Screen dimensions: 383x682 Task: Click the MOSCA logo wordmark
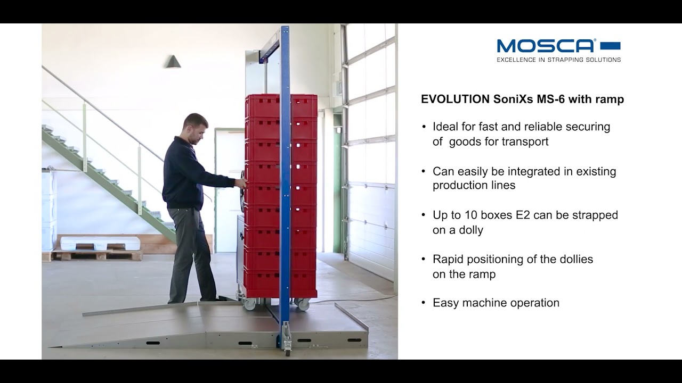(x=546, y=46)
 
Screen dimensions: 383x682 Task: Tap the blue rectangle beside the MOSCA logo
(x=610, y=46)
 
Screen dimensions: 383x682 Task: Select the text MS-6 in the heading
(x=549, y=99)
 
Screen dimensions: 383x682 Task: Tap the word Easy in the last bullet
(x=445, y=303)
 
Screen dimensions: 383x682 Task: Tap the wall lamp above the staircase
(x=173, y=62)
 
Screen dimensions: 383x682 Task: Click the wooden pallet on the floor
(x=99, y=254)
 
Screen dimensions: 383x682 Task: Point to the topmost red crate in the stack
(x=281, y=106)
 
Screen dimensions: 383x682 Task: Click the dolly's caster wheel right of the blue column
(x=303, y=305)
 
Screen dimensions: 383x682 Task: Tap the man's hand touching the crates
(x=241, y=183)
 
